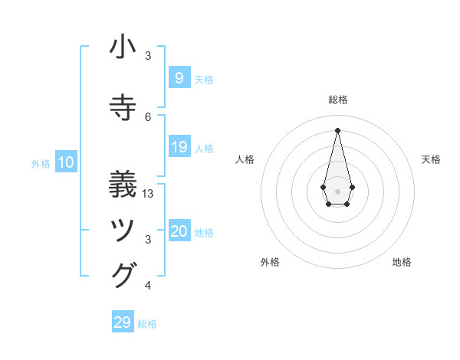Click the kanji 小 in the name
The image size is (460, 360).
(123, 47)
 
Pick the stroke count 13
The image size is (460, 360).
(148, 194)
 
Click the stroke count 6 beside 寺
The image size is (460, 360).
(148, 116)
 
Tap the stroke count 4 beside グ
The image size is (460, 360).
(148, 286)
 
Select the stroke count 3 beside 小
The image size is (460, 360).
(148, 56)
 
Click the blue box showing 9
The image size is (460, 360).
(179, 77)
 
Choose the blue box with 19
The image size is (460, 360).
(179, 147)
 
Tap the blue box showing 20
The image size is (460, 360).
(179, 232)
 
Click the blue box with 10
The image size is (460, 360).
(65, 162)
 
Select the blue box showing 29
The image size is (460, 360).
(122, 322)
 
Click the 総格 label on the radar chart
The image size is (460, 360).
(337, 100)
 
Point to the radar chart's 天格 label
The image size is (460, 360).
(432, 159)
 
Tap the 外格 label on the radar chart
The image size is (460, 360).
(270, 262)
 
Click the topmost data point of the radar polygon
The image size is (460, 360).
(337, 129)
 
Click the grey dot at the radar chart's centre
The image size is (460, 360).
(337, 190)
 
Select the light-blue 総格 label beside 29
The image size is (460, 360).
(147, 324)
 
